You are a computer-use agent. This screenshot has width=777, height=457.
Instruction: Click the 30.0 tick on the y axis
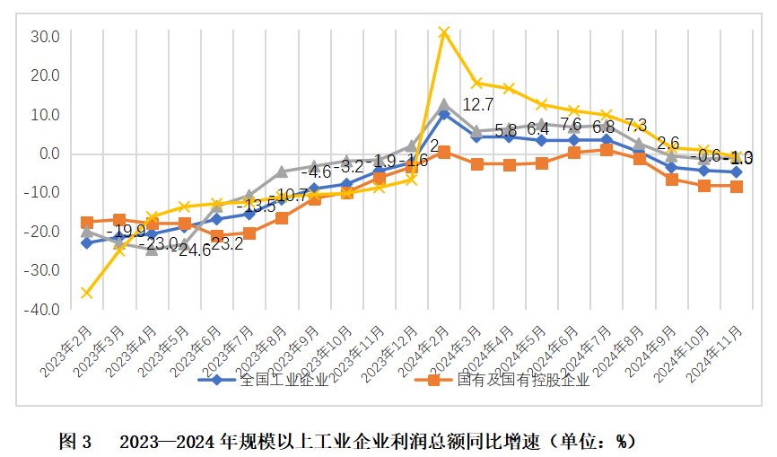(x=45, y=37)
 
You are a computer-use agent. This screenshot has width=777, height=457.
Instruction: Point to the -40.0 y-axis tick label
(x=43, y=310)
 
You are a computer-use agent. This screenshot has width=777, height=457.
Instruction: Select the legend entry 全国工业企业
(x=274, y=381)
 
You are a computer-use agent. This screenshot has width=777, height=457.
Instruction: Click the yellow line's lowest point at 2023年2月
(x=87, y=293)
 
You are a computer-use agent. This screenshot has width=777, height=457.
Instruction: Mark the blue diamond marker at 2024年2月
(x=443, y=114)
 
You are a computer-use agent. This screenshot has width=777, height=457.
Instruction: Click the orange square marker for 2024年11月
(x=736, y=187)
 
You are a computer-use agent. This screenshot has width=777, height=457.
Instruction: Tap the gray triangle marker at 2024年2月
(x=443, y=104)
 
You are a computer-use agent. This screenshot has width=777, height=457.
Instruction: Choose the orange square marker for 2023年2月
(x=87, y=222)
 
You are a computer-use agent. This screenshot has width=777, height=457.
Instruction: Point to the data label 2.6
(x=668, y=143)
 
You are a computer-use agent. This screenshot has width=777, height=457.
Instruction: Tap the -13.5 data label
(x=255, y=207)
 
